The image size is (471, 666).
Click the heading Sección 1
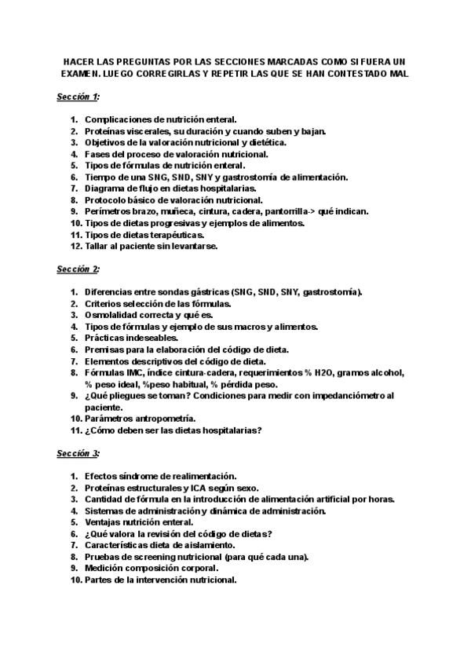78,97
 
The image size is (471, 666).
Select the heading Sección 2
78,269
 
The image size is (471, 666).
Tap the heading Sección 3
78,454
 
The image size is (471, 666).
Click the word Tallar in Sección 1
98,246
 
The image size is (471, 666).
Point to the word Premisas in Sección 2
107,349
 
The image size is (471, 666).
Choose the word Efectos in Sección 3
103,476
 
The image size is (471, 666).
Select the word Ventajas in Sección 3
105,522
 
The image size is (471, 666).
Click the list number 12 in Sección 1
75,246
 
